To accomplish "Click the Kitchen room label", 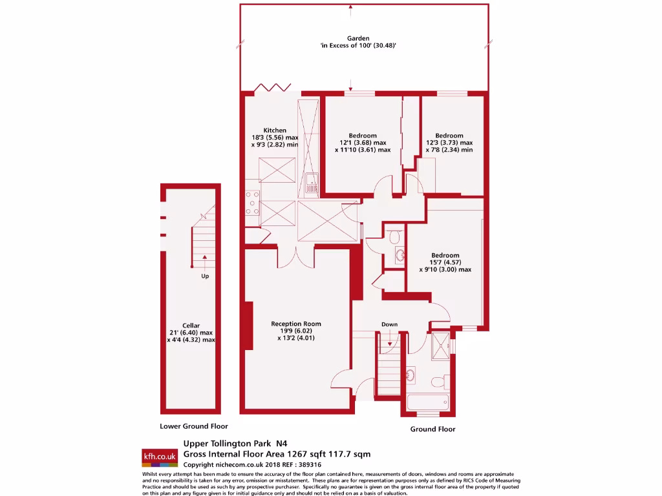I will click(x=274, y=130).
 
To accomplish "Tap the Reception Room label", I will click(x=295, y=324).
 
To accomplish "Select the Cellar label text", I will click(x=191, y=325).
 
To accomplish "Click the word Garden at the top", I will click(x=358, y=39).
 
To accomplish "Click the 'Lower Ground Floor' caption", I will click(x=194, y=426).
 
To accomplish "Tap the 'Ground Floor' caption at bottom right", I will click(x=432, y=429).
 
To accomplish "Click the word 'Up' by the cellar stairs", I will click(x=205, y=276).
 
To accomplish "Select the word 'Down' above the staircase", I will click(x=389, y=324).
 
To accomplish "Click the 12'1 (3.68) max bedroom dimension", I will click(x=363, y=143).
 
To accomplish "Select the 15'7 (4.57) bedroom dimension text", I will click(x=445, y=262).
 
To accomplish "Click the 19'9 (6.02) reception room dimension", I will click(x=295, y=331).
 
